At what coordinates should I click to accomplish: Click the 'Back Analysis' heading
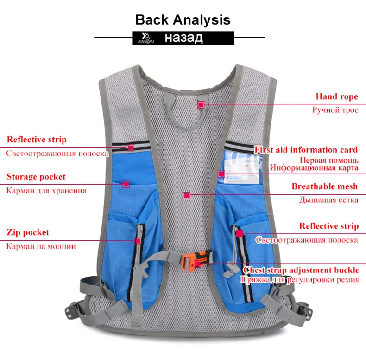pos(183,20)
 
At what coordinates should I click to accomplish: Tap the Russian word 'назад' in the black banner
pos(184,38)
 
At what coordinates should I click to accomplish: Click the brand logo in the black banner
pos(146,38)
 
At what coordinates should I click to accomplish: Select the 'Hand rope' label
pos(337,96)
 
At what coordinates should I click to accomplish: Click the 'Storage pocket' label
pos(36,177)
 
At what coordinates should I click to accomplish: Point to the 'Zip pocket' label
pos(28,232)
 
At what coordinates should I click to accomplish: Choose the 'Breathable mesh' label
pos(325,186)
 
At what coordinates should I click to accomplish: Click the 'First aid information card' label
pos(306,149)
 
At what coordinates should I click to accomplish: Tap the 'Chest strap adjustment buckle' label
pos(301,270)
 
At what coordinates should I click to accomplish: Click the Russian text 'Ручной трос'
pos(335,110)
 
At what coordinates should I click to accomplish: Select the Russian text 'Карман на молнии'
pos(41,246)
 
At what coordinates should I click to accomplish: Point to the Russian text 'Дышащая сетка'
pos(328,200)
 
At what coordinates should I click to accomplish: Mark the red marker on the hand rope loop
pos(201,104)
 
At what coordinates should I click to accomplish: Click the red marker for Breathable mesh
pos(187,195)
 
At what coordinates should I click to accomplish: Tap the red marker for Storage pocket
pos(126,184)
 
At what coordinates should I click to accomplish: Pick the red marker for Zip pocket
pos(138,241)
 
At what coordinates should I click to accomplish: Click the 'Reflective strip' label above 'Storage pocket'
pos(37,140)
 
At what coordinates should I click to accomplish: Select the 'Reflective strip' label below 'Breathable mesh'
pos(329,226)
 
